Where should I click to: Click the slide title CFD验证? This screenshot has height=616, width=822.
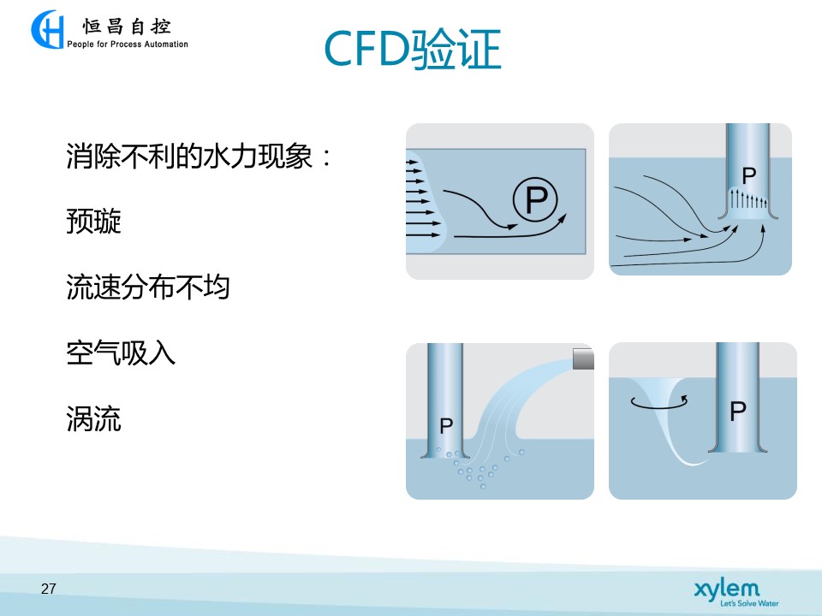tap(413, 49)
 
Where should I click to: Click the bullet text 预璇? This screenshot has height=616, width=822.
tap(94, 221)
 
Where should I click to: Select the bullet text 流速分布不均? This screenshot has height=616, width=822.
tap(148, 287)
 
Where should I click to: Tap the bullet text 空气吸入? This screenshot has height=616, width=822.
tap(121, 352)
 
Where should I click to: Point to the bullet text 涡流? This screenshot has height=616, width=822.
tap(94, 418)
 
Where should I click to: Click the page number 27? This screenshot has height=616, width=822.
tap(48, 589)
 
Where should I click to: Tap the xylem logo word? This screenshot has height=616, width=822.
tap(727, 589)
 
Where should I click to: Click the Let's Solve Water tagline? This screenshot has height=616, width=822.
tap(749, 603)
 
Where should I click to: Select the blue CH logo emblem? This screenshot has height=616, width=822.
tap(47, 29)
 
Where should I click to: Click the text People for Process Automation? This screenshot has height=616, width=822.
tap(128, 44)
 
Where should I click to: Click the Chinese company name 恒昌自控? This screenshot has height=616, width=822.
tap(127, 27)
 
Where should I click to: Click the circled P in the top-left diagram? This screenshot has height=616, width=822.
tap(535, 199)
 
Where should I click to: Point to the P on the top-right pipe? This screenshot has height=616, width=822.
tap(749, 175)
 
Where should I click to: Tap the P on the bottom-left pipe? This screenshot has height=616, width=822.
tap(446, 426)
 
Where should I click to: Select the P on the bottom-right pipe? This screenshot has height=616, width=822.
tap(738, 412)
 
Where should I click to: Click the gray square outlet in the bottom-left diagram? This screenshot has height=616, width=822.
tap(583, 358)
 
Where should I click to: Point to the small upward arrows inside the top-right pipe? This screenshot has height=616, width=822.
tap(749, 199)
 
